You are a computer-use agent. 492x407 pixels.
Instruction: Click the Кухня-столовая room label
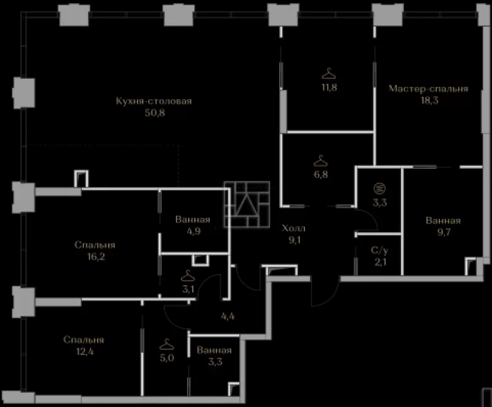tap(154, 101)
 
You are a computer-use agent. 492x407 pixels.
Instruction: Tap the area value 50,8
tap(155, 113)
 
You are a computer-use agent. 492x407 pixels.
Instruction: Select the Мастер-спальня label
tap(428, 89)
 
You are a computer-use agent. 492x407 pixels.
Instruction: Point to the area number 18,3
tap(429, 100)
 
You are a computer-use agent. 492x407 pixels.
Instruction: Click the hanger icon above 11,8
tap(328, 73)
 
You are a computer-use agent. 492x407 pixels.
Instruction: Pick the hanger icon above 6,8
tap(320, 161)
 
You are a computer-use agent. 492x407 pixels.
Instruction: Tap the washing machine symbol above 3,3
tap(379, 188)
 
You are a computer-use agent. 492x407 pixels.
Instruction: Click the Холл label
tap(293, 228)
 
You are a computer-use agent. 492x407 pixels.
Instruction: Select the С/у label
tap(379, 250)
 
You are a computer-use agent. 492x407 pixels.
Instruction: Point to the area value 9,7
tap(443, 232)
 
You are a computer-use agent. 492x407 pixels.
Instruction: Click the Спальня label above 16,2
tap(95, 245)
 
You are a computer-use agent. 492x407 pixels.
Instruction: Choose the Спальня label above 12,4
tap(84, 340)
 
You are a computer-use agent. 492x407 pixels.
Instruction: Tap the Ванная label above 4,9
tap(192, 220)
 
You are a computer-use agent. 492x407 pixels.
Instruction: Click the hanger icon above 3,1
tap(188, 276)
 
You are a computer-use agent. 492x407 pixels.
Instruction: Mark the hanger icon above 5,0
tap(167, 345)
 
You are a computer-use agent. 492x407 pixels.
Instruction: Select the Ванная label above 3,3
tap(214, 350)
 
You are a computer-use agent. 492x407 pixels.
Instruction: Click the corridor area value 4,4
tap(228, 316)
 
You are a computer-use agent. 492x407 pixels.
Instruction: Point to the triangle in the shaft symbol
tap(247, 204)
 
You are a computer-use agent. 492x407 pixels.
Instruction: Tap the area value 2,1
tap(380, 262)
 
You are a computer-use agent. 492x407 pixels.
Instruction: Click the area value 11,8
tap(329, 87)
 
